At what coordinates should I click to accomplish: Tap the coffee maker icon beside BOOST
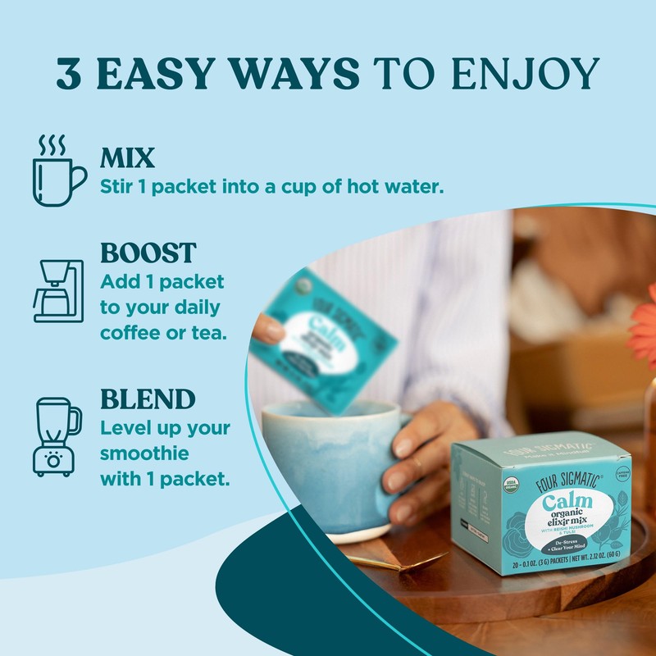pos(57,291)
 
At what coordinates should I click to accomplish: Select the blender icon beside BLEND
pos(57,435)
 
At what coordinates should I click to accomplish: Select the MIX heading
pos(127,157)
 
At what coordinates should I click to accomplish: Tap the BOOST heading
pos(148,252)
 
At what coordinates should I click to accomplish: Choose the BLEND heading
pos(148,399)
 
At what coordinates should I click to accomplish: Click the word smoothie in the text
pos(145,453)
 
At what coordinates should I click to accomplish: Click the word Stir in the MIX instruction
pos(116,186)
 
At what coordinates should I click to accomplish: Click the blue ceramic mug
pos(328,467)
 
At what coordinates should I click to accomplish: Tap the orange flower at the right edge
pos(644,328)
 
